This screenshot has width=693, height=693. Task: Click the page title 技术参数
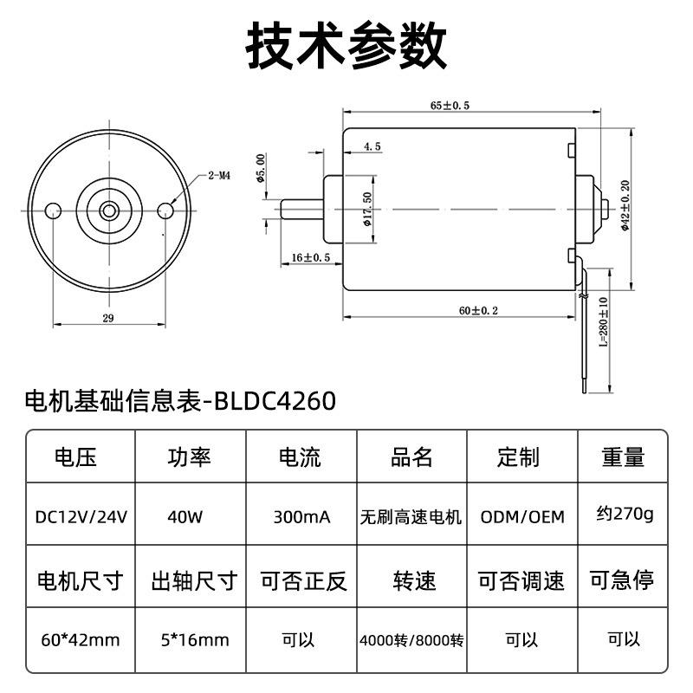coord(346,45)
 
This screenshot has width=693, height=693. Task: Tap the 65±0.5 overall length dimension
coord(450,106)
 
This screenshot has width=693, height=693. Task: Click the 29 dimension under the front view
coord(108,318)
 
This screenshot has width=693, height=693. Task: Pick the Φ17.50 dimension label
coord(367,209)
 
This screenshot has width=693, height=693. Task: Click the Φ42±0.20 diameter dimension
coord(625,209)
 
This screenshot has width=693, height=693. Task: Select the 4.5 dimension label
coord(372,147)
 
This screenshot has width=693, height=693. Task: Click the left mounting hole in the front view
coord(53,208)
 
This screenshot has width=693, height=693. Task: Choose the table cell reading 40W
coord(185,517)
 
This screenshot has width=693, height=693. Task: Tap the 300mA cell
coord(301,517)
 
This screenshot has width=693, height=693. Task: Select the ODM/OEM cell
coord(522,517)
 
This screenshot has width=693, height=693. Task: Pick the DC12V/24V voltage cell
coord(81,517)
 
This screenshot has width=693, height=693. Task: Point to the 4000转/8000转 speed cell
coord(412,641)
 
